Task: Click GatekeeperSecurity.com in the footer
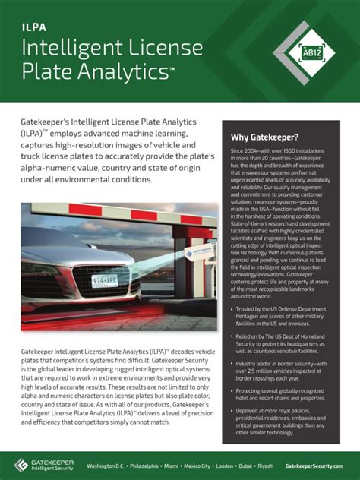pos(314,465)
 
